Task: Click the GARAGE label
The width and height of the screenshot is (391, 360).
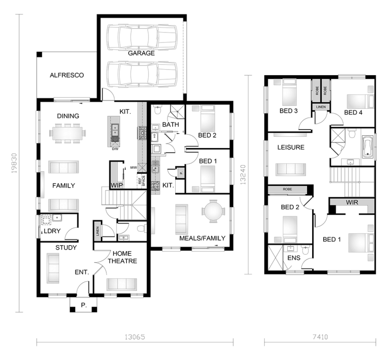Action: click(141, 53)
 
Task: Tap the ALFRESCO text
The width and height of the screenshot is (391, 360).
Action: click(67, 75)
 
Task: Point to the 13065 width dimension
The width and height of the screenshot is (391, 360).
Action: click(135, 337)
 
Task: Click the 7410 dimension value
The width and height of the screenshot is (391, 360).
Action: click(320, 337)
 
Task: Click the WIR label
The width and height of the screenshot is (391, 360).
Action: click(352, 202)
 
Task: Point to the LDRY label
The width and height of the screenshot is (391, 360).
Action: click(52, 231)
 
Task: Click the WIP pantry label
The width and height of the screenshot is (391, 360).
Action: click(117, 185)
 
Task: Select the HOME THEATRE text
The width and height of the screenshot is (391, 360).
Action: click(122, 257)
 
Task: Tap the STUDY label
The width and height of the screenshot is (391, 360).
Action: click(66, 248)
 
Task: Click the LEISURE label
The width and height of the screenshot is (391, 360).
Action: click(291, 147)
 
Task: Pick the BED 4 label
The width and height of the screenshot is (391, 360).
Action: click(353, 112)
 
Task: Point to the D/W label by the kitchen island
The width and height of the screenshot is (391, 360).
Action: click(115, 149)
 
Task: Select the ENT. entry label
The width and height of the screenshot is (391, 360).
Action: click(82, 273)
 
